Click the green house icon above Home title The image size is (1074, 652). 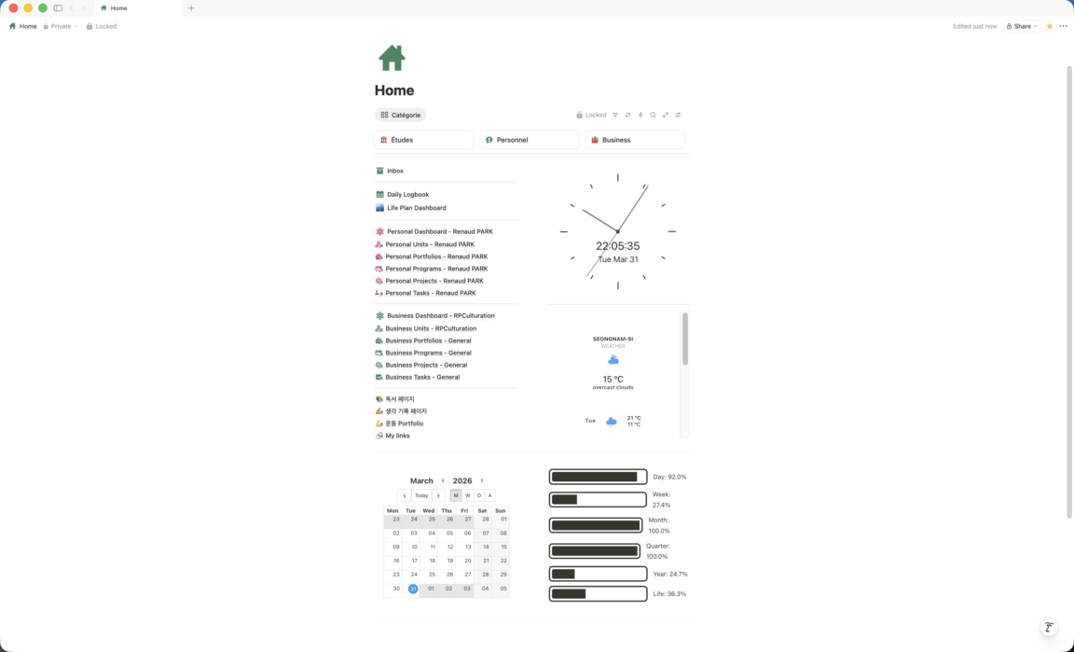392,58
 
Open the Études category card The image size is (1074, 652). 423,140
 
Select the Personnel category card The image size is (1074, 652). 529,140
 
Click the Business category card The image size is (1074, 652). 634,140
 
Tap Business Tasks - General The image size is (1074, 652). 418,377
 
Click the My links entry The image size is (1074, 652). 392,436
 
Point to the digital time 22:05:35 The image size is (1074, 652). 618,246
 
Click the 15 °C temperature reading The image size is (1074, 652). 613,379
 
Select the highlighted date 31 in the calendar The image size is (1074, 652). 413,589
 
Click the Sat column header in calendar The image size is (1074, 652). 482,511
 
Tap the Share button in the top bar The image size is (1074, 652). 1021,26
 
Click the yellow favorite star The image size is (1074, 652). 1050,26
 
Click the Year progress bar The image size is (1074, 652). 598,574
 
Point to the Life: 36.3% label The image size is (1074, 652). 669,594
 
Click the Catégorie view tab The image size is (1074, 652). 401,115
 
